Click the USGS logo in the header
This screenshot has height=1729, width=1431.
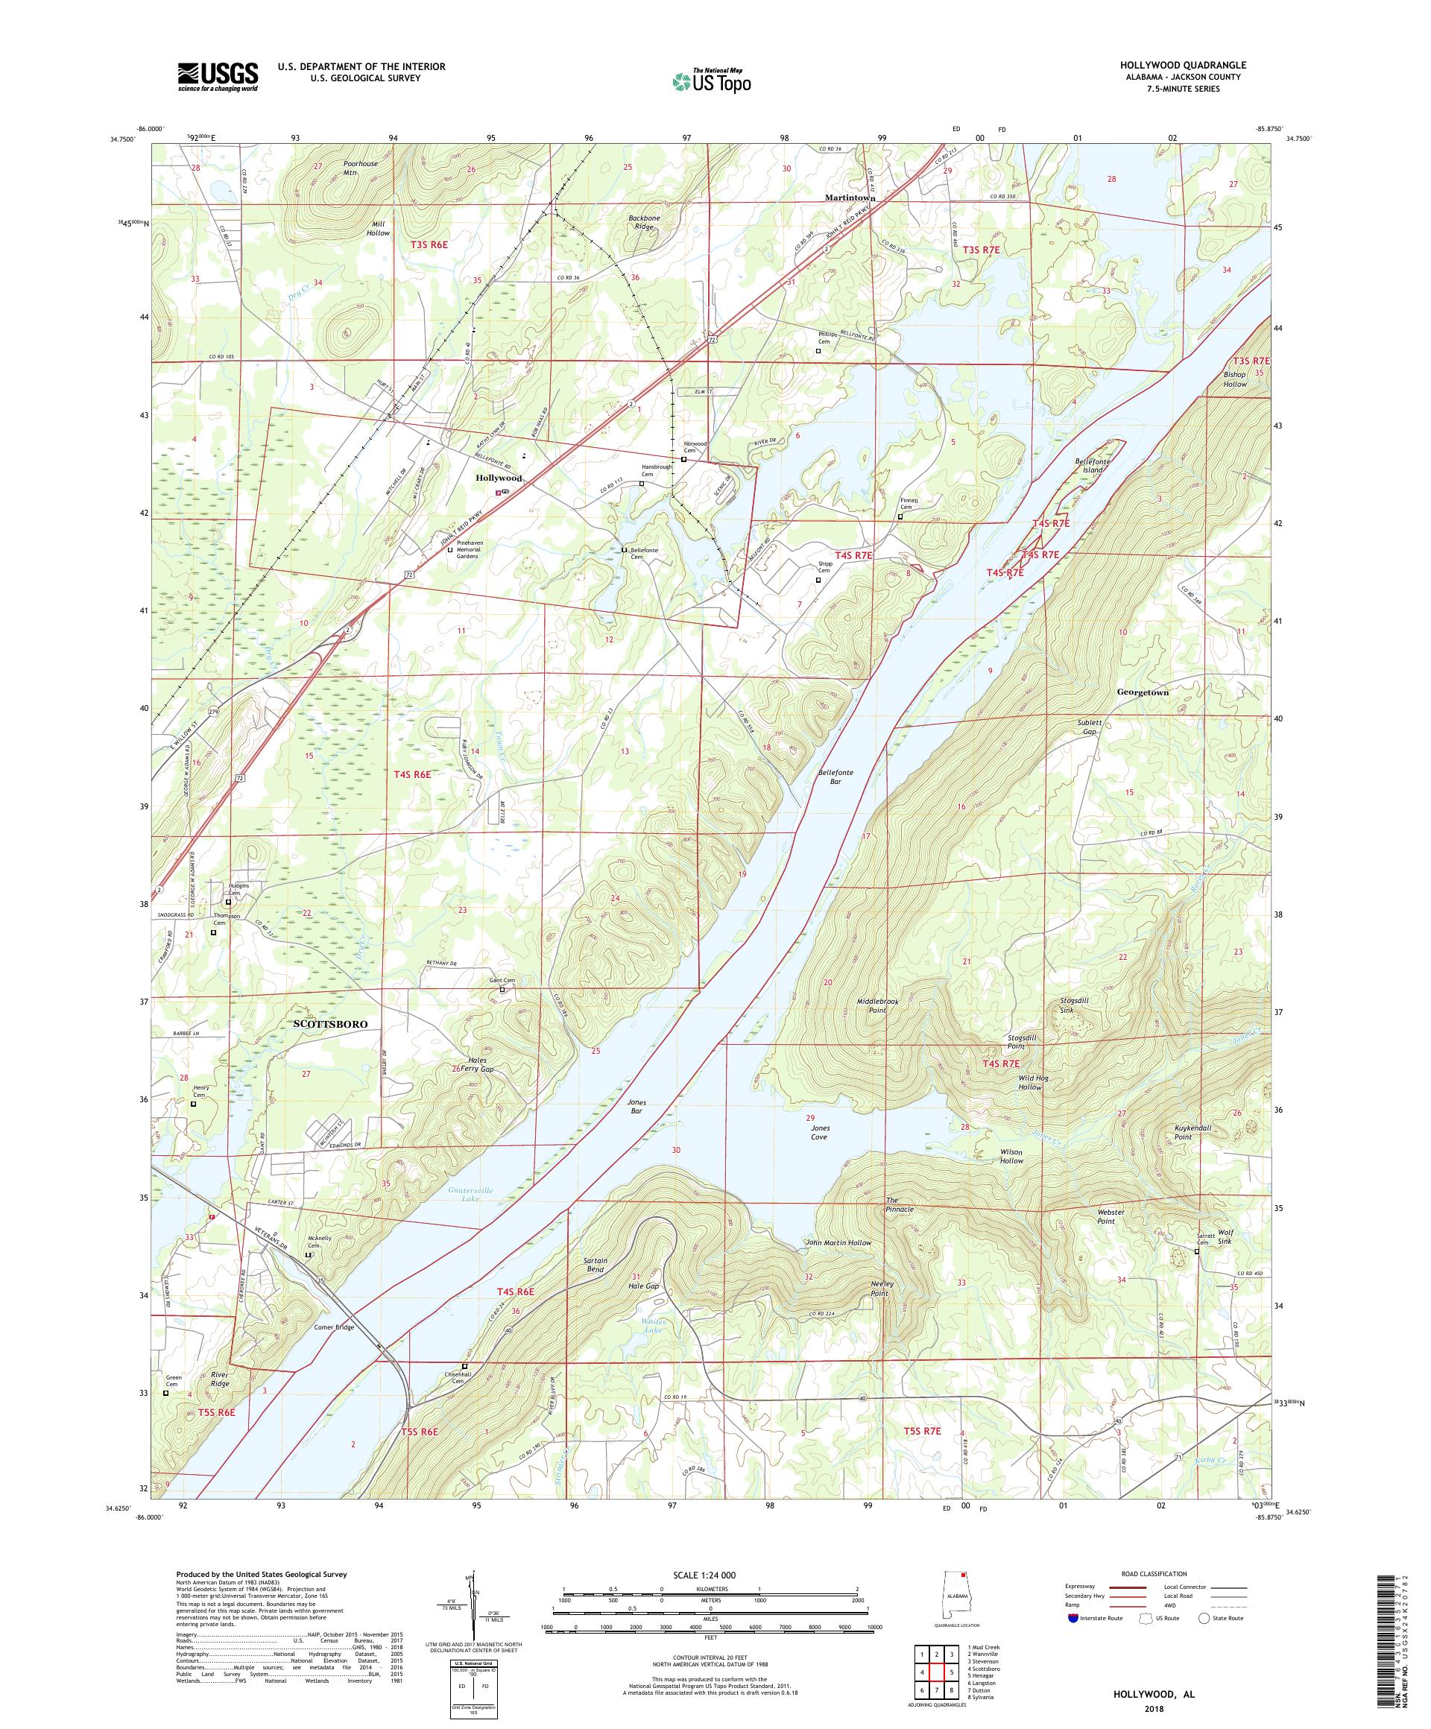tap(218, 78)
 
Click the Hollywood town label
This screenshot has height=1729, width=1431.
tap(498, 478)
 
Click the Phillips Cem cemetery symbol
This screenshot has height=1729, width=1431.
tap(818, 351)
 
